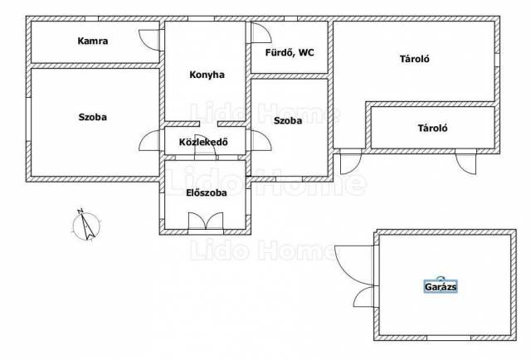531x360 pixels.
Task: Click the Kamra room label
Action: click(x=93, y=41)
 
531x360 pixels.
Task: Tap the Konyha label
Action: click(x=207, y=75)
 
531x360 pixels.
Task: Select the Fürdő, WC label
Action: click(x=290, y=53)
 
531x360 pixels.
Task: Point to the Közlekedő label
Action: click(x=203, y=142)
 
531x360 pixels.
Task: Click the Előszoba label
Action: click(x=207, y=192)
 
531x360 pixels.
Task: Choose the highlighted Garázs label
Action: click(x=441, y=287)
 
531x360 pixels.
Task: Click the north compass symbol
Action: click(x=86, y=225)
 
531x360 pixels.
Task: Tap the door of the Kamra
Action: click(x=149, y=40)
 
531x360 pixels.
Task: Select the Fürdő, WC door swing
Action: click(x=261, y=33)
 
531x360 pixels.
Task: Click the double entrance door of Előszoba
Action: click(x=206, y=221)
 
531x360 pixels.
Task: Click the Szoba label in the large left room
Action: click(x=92, y=117)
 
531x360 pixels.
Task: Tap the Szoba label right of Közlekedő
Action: click(x=288, y=120)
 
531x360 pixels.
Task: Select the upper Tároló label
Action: click(x=415, y=59)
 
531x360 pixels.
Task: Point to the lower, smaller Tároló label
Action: click(x=432, y=128)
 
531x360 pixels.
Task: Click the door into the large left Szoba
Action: click(x=149, y=140)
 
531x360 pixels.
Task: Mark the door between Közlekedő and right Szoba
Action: click(x=261, y=140)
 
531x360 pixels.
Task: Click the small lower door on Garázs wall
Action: click(x=364, y=297)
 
